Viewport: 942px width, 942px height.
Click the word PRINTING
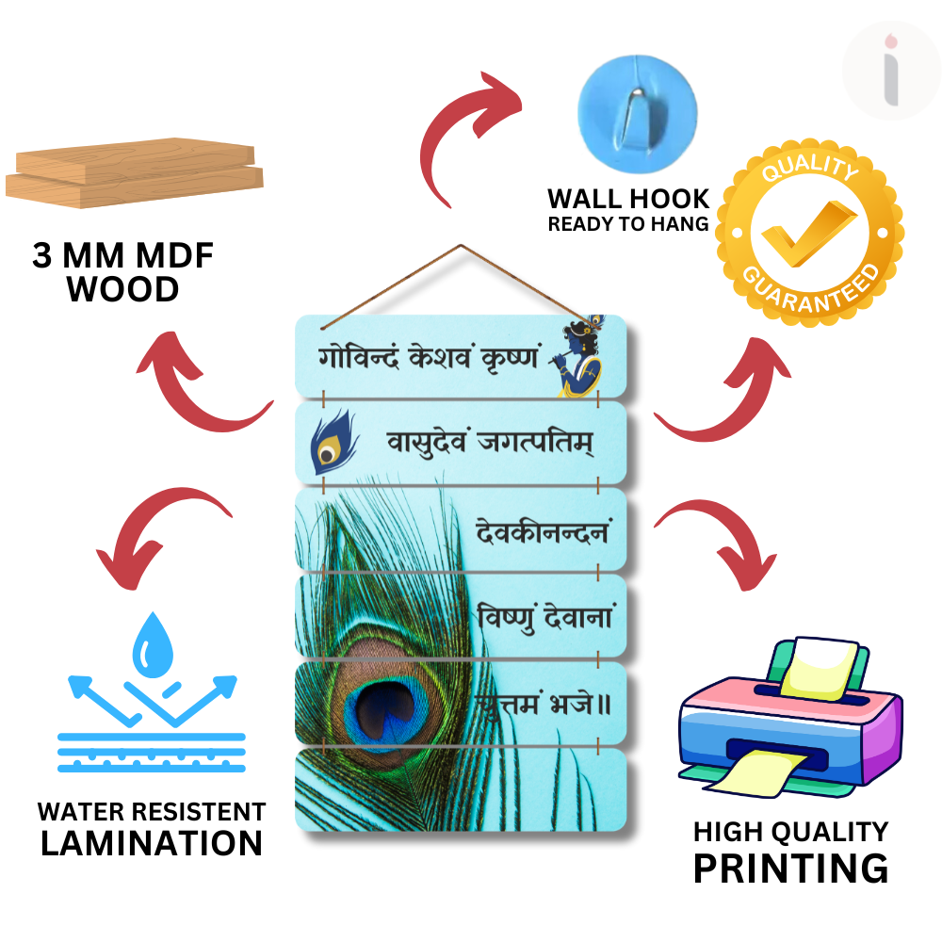[x=790, y=868]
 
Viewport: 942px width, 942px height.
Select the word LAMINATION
[x=152, y=843]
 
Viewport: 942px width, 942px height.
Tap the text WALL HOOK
[x=628, y=199]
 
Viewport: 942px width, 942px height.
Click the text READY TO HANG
[x=628, y=224]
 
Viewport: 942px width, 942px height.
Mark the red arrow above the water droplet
[x=160, y=528]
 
